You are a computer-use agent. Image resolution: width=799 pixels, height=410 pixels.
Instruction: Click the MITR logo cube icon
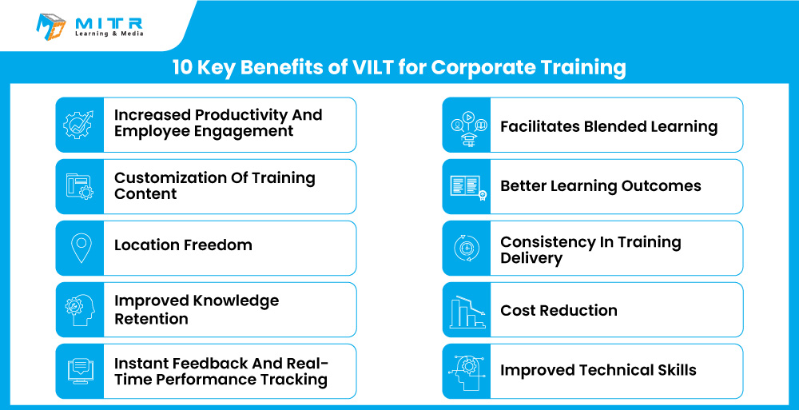(x=51, y=26)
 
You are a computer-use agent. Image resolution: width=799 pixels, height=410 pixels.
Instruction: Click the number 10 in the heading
(x=181, y=67)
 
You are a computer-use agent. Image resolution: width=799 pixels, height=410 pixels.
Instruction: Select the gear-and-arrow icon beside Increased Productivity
(x=78, y=125)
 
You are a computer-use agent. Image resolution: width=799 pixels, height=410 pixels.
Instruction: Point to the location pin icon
(x=81, y=249)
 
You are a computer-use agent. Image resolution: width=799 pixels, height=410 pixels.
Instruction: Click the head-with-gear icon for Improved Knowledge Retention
(x=80, y=310)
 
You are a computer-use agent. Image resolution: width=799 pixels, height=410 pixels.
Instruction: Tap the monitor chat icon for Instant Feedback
(x=80, y=371)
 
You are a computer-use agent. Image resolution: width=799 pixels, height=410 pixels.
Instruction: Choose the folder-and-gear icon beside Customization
(x=79, y=186)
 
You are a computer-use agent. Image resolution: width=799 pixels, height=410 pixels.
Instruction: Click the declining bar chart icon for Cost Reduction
(x=467, y=311)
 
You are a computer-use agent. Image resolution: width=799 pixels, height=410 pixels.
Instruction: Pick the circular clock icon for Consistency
(x=467, y=249)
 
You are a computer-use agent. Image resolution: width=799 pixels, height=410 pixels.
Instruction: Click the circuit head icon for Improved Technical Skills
(x=467, y=372)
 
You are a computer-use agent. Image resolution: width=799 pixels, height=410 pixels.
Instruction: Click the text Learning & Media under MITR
(x=109, y=34)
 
